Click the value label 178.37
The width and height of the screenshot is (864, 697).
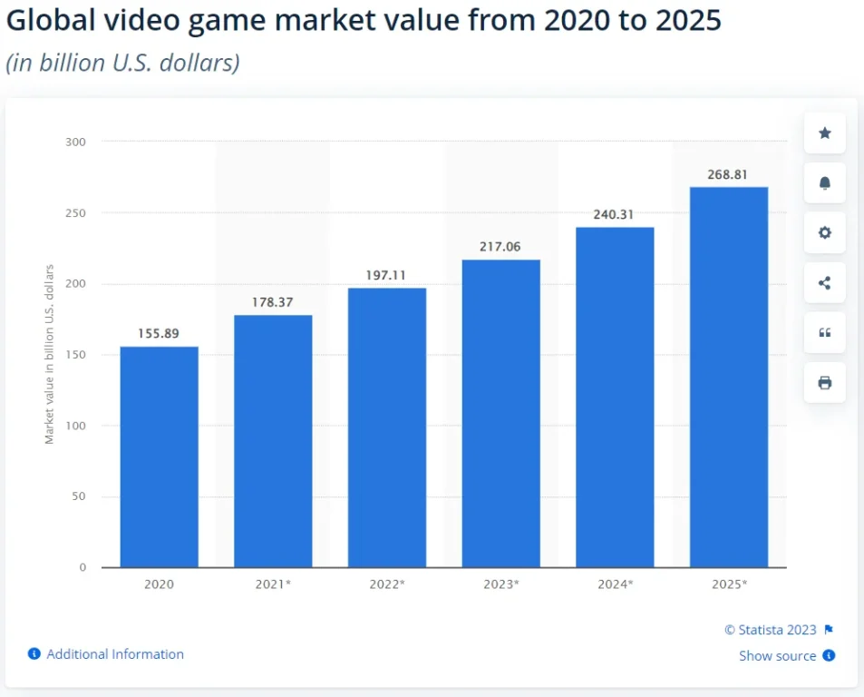coord(273,301)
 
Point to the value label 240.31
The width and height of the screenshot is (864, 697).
coord(615,214)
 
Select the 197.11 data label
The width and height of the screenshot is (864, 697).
coord(387,275)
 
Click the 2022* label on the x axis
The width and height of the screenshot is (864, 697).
coord(387,584)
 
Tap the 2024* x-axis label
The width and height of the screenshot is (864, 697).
coord(615,584)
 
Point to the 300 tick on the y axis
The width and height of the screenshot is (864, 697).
coord(75,142)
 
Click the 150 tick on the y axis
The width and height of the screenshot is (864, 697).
coord(75,355)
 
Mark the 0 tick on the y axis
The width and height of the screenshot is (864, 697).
coord(83,567)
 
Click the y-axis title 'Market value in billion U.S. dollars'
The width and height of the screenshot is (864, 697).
coord(50,354)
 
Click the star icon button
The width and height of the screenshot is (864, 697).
coord(824,133)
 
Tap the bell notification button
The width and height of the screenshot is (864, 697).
coord(824,183)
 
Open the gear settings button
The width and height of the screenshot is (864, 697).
coord(824,233)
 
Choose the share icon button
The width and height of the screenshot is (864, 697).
coord(824,283)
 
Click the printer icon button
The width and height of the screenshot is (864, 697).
coord(824,383)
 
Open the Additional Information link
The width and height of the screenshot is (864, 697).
coord(114,654)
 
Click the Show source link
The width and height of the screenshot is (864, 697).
coord(777,656)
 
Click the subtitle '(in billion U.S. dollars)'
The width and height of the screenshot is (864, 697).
coord(122,64)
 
